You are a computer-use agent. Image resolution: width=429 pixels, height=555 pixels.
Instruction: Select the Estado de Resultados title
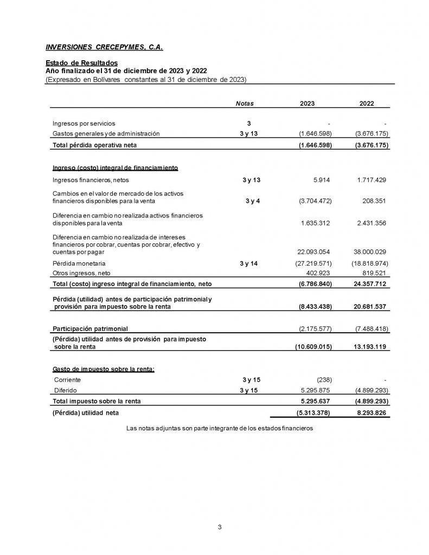click(x=81, y=63)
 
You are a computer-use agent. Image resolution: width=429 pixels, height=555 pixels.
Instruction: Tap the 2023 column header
click(x=307, y=104)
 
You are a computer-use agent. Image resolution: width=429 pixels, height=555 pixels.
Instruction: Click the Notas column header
click(x=245, y=104)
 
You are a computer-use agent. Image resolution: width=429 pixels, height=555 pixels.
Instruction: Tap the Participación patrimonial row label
click(x=90, y=329)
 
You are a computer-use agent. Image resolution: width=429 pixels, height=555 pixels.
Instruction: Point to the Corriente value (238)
click(x=323, y=379)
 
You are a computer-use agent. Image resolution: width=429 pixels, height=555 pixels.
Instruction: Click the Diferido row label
click(x=65, y=390)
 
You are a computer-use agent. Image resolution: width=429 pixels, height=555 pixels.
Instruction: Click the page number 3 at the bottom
click(x=220, y=526)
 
